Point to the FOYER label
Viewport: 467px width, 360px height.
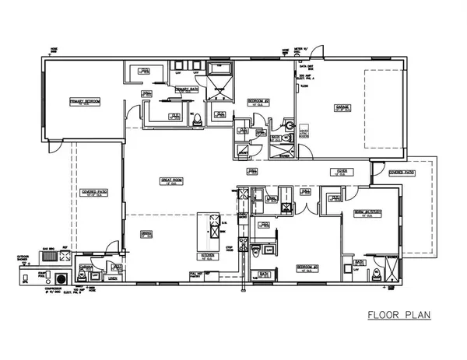(x=340, y=173)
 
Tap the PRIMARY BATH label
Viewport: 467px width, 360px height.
(x=188, y=89)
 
